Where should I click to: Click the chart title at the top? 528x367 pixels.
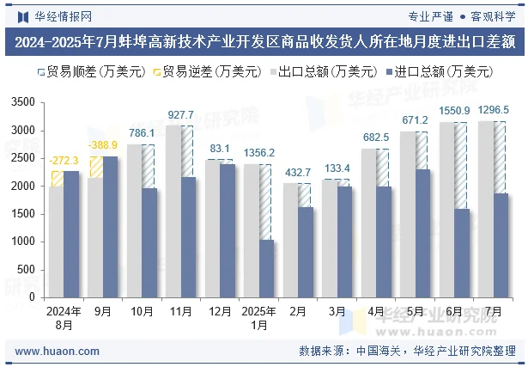[264, 40]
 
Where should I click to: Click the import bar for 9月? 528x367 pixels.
[111, 227]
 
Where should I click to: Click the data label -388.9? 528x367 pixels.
[104, 144]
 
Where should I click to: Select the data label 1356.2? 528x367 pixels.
[258, 153]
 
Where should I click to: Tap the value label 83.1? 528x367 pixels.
[220, 149]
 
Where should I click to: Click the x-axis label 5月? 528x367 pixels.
[415, 311]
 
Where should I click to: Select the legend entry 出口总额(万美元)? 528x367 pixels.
[323, 72]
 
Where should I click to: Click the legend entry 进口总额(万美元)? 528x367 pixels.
[440, 72]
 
